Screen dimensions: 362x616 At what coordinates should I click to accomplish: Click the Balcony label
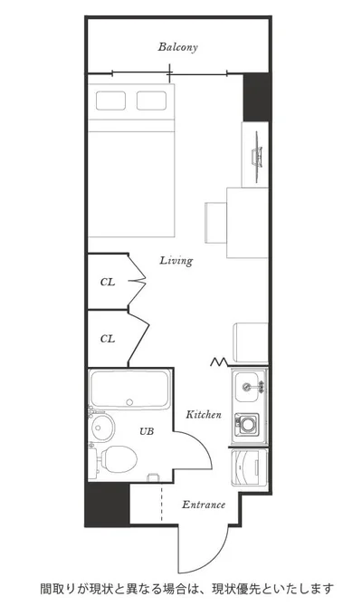tap(178, 47)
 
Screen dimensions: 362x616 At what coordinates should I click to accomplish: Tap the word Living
tap(176, 261)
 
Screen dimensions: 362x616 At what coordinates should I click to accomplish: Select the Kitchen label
tap(204, 415)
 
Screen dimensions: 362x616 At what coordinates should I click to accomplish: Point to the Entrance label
tap(204, 505)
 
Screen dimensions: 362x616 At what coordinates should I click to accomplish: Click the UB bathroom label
tap(147, 431)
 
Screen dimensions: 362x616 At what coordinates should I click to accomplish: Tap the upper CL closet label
tap(108, 282)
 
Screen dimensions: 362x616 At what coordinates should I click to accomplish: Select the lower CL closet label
tap(108, 339)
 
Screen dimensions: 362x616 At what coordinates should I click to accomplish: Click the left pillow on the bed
tap(110, 101)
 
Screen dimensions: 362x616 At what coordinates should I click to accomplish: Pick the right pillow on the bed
tap(151, 101)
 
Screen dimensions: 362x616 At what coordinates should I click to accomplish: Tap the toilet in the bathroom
tap(117, 458)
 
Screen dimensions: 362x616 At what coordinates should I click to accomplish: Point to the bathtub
tap(129, 390)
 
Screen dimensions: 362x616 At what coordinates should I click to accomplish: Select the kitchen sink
tap(247, 388)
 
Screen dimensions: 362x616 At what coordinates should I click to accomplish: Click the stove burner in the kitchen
tap(247, 424)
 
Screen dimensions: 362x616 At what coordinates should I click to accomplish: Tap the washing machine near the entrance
tap(249, 467)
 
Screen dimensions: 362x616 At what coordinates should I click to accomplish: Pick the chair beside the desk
tap(215, 223)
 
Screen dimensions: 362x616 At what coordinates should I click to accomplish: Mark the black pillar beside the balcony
tap(256, 97)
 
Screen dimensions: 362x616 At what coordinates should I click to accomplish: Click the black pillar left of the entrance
tap(108, 505)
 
